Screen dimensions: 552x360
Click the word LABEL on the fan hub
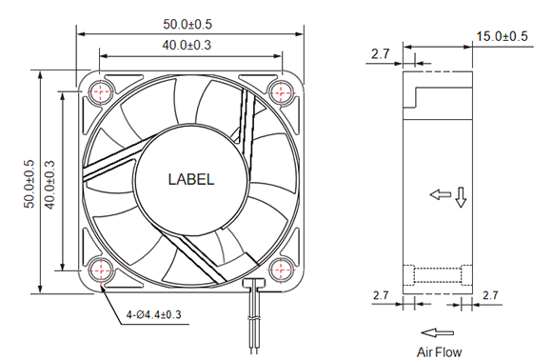(191, 179)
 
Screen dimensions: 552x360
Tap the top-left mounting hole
(101, 92)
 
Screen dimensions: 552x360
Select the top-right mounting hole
(282, 92)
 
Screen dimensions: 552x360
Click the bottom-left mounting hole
(101, 270)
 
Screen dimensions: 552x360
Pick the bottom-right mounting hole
(282, 270)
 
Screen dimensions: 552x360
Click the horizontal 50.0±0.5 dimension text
(187, 25)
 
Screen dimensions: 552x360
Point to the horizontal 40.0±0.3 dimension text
(187, 45)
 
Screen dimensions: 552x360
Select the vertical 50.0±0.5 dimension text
(30, 184)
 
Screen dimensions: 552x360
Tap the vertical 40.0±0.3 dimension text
(49, 185)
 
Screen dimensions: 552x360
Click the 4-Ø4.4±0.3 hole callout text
(154, 314)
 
